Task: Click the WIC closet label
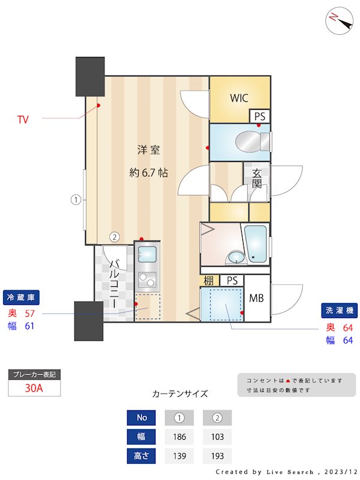239,98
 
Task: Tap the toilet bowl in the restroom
247,142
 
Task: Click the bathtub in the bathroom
256,243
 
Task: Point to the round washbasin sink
235,258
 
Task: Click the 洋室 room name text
148,150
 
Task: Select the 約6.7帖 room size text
148,173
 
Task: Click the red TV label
23,120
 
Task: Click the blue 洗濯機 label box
340,311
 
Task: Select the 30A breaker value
34,388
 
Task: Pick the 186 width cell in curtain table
179,436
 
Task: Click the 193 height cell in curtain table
217,456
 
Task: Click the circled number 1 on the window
76,200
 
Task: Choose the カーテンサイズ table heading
180,394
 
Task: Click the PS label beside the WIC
260,116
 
